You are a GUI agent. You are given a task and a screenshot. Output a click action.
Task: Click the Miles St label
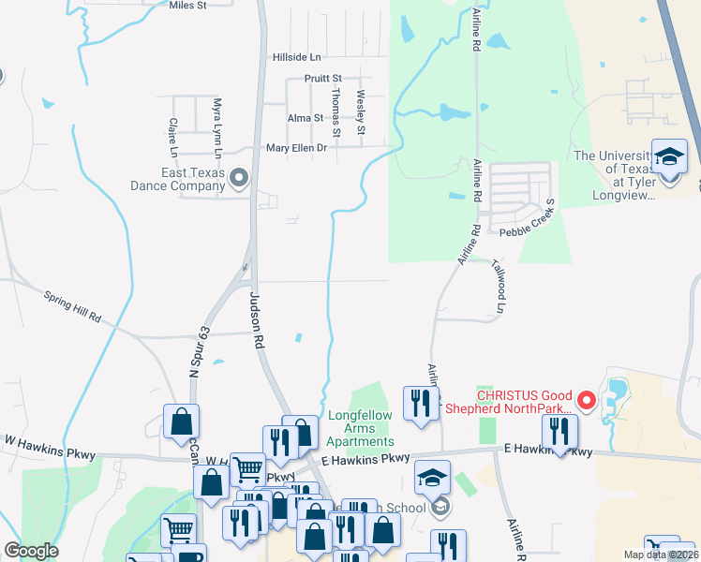[187, 6]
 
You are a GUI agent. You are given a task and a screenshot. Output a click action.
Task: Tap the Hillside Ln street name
[296, 57]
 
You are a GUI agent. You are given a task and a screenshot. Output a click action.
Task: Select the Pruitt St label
[323, 79]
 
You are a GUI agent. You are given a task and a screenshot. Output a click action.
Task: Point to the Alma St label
[305, 118]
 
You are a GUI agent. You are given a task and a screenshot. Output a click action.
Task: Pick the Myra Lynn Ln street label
[217, 128]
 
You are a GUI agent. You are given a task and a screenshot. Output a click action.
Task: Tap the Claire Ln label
[173, 137]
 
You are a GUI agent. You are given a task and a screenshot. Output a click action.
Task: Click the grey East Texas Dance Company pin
[240, 177]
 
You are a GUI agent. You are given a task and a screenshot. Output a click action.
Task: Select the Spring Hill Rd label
[71, 306]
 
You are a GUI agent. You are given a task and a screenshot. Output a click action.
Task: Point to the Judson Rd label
[255, 319]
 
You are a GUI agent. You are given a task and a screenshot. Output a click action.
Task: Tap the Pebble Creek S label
[528, 222]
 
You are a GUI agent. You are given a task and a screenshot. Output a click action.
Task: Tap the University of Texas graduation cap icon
[669, 157]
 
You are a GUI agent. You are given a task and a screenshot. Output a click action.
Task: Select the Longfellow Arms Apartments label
[361, 428]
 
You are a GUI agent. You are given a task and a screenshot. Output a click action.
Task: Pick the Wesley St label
[360, 111]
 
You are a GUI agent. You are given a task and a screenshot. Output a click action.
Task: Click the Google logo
[30, 551]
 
